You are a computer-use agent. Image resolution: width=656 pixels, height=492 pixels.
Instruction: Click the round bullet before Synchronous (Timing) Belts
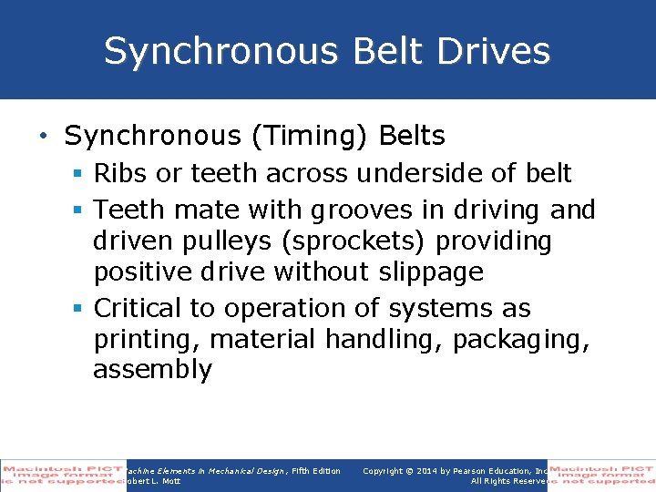click(44, 138)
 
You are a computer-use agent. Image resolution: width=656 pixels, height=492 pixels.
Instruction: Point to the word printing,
click(148, 340)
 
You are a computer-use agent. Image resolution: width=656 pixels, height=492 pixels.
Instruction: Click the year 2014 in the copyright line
click(421, 471)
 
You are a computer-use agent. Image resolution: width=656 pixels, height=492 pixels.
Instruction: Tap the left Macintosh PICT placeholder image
click(62, 475)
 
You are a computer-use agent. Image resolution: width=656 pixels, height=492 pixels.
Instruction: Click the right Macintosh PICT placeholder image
click(601, 475)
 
